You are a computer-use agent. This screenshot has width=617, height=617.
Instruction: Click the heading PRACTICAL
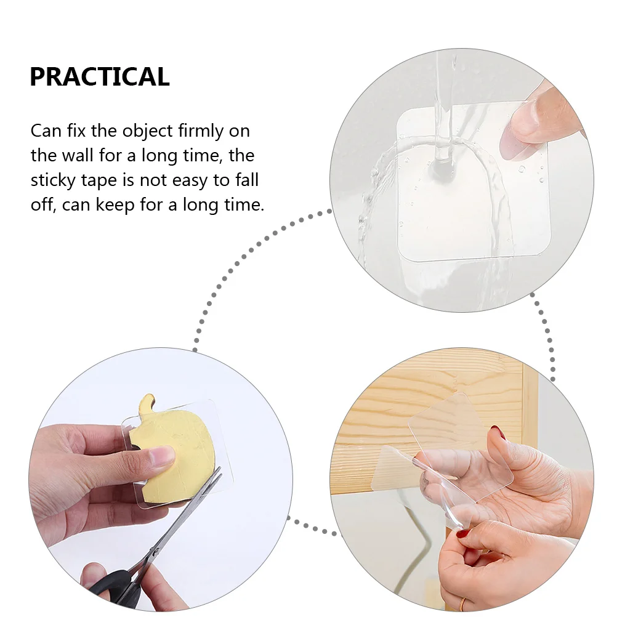(99, 77)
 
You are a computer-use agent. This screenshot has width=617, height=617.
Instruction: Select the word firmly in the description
(202, 131)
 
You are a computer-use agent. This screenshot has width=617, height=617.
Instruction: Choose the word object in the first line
(147, 131)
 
